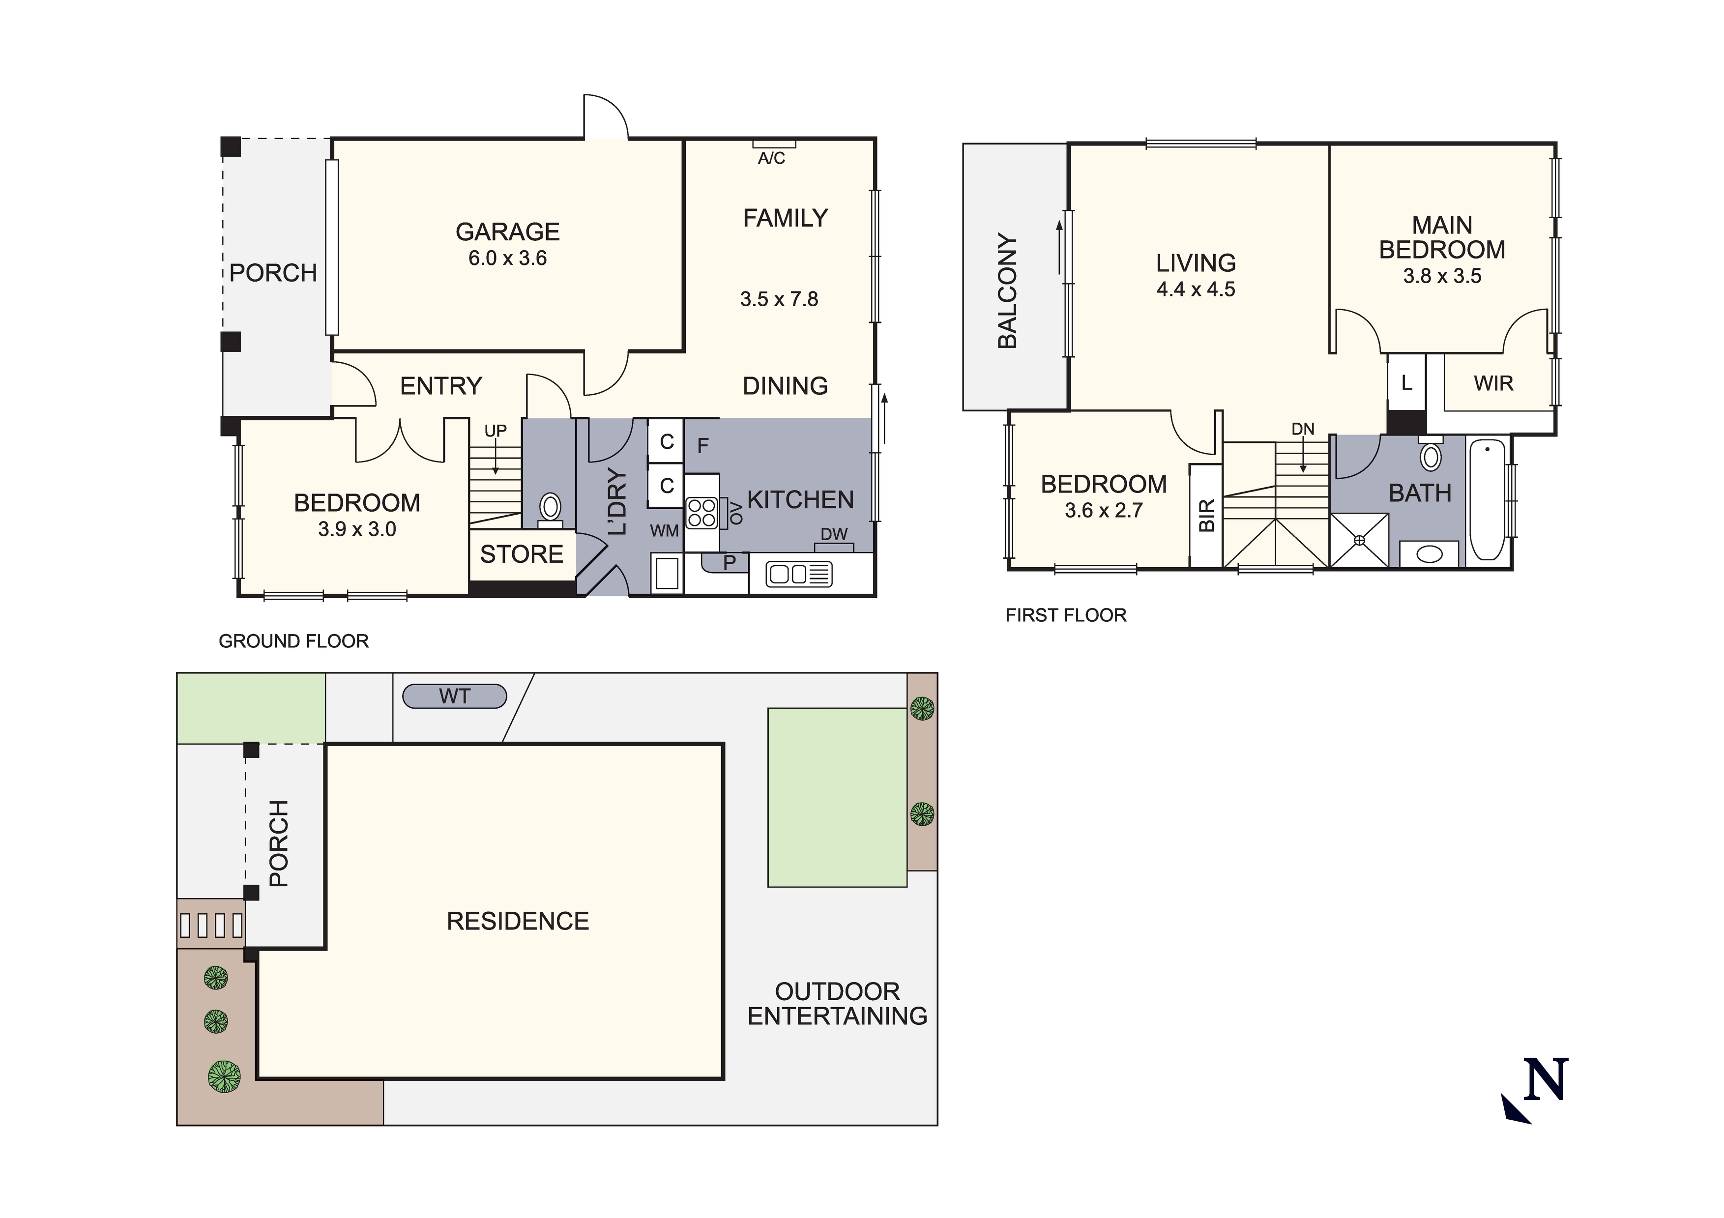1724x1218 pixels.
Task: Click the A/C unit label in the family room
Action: (x=771, y=158)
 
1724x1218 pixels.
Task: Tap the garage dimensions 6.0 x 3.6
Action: (x=508, y=259)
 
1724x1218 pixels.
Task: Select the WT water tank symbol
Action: (x=454, y=696)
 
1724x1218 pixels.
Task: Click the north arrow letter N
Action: (x=1545, y=1080)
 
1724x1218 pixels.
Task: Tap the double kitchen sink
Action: (x=798, y=575)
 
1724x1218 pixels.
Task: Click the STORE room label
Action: (x=521, y=554)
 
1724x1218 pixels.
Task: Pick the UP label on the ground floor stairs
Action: (x=496, y=431)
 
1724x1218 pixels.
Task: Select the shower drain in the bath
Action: (x=1359, y=540)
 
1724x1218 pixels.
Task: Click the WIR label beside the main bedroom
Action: (x=1493, y=384)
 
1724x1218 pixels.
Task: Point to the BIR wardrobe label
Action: (x=1206, y=516)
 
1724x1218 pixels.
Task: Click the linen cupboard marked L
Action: (x=1406, y=383)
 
